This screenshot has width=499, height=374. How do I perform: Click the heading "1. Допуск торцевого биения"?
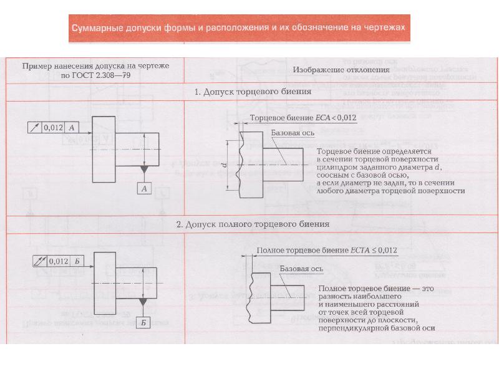coord(253,92)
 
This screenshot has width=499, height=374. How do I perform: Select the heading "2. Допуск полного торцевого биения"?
coord(253,224)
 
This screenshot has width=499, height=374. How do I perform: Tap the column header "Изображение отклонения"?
coord(341,70)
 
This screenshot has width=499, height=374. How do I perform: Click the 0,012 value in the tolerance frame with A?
coord(54,127)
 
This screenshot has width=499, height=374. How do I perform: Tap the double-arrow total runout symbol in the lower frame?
coord(39,260)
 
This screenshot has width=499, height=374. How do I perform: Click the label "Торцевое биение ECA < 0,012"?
coord(303,117)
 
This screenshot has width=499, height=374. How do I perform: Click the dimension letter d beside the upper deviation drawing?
coord(223,164)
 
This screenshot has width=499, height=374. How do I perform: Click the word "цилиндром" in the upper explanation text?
coord(337,167)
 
